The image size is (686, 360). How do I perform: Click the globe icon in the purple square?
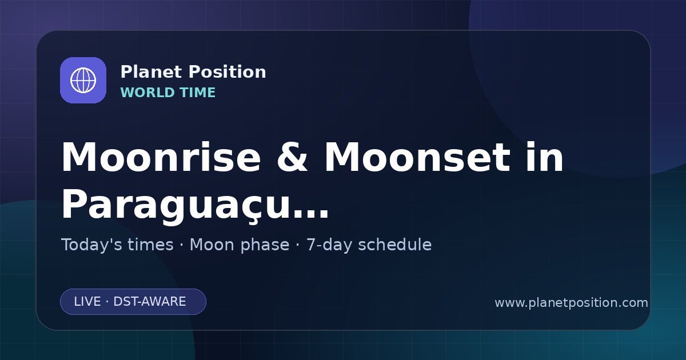[83, 80]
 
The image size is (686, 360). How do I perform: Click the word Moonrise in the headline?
[161, 157]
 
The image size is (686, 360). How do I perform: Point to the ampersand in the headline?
[292, 157]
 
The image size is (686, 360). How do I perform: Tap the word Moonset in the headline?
[417, 157]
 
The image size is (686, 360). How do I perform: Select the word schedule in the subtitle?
[395, 245]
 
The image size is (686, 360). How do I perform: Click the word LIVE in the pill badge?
[87, 302]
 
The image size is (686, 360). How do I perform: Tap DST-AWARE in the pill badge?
[150, 302]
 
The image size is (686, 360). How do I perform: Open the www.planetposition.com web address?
[572, 303]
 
